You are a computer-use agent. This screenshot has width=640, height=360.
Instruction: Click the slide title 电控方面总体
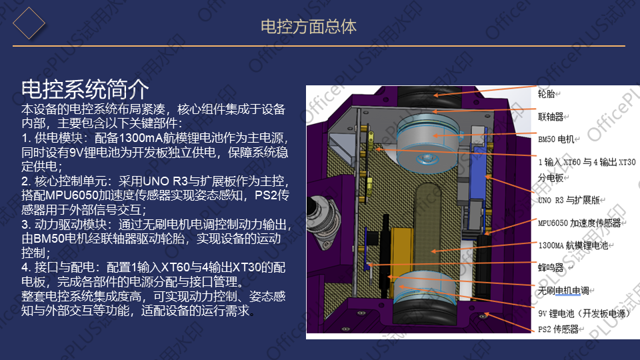308,27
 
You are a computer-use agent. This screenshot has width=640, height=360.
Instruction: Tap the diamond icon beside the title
29,24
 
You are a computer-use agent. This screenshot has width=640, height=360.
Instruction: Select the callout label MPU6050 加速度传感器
579,223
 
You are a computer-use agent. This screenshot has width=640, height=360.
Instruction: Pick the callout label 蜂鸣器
551,268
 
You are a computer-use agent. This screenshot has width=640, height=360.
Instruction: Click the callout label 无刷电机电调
567,291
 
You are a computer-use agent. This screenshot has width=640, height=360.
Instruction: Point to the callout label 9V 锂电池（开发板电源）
583,313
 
